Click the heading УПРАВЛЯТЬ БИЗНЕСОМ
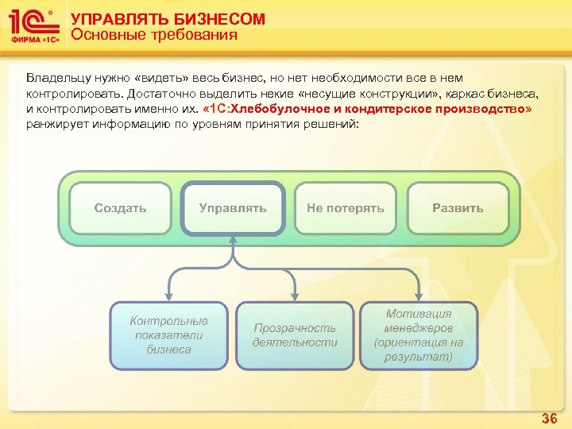click(x=168, y=19)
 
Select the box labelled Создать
click(x=120, y=208)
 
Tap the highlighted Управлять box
click(x=233, y=208)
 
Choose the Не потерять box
click(x=345, y=208)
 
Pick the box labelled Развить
click(x=458, y=208)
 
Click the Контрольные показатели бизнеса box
click(x=168, y=335)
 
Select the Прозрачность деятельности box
click(x=295, y=335)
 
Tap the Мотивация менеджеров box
click(x=419, y=335)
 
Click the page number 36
click(x=549, y=418)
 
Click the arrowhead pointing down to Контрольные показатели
click(x=168, y=296)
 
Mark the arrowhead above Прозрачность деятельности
click(x=295, y=296)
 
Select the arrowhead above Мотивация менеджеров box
click(x=419, y=296)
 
